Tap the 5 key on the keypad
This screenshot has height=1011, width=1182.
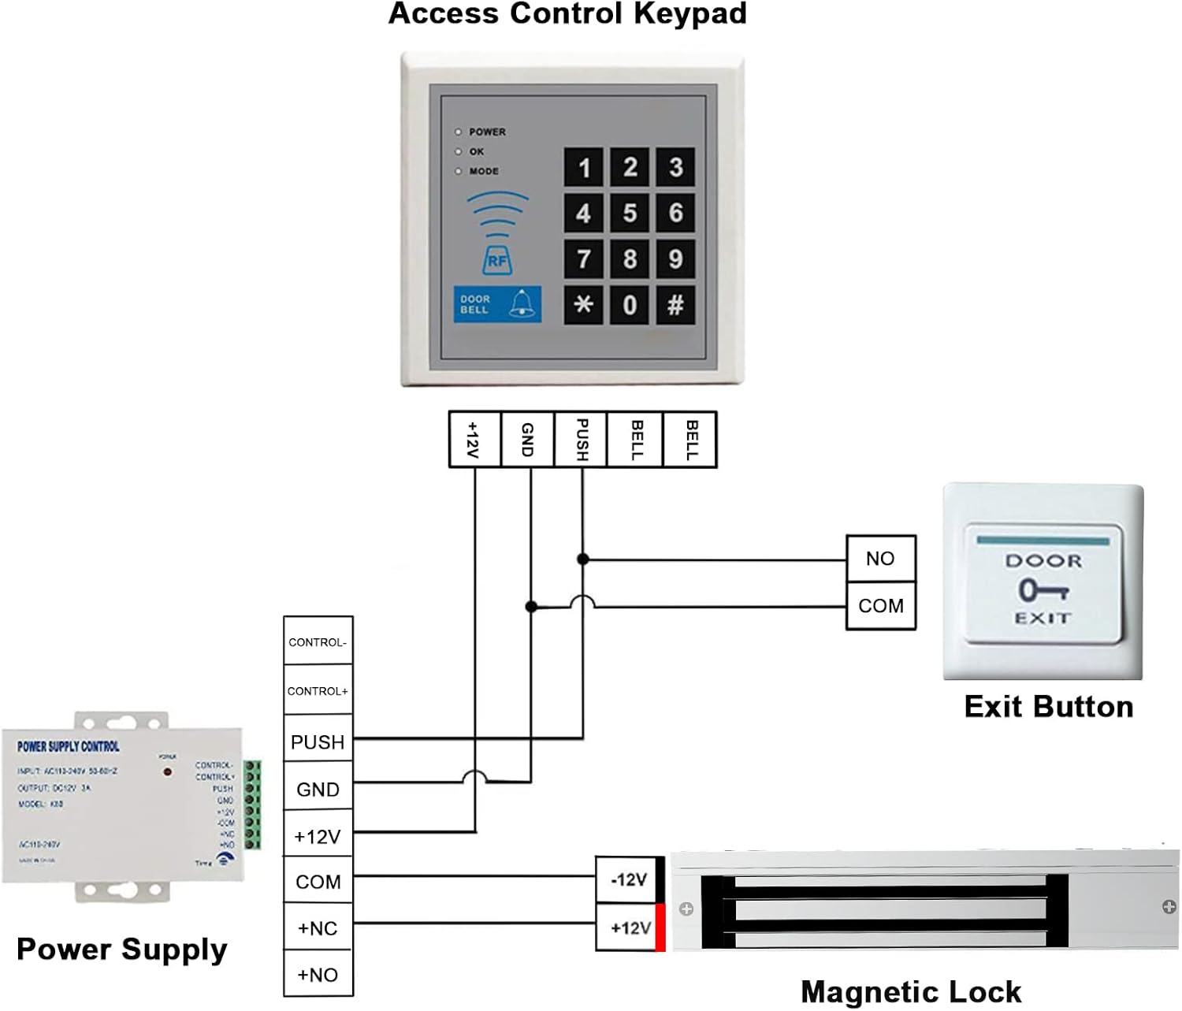coord(630,213)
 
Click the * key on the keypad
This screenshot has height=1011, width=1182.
coord(583,304)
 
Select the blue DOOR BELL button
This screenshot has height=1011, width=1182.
coord(497,304)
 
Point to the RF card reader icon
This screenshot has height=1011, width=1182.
coord(497,261)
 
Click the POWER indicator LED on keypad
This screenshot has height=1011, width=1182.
coord(459,132)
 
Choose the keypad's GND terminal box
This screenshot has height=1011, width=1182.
coord(528,440)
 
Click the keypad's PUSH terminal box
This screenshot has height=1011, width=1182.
coord(582,440)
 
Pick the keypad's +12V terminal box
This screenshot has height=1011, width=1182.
coord(474,440)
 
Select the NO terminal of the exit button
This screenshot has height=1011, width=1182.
coord(880,559)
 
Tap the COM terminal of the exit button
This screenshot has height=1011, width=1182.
coord(880,606)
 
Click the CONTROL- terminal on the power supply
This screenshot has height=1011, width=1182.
coord(318,642)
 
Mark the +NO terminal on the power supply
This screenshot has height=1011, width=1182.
coord(318,975)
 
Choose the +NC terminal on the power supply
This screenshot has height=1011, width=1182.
coord(318,928)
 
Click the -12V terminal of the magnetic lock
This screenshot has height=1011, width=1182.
coord(628,879)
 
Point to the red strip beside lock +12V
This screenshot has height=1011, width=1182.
coord(660,927)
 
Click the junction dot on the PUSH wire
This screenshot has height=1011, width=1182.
coord(583,559)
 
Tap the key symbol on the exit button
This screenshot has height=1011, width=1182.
coord(1043,589)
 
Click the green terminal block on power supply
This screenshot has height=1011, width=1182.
coord(253,805)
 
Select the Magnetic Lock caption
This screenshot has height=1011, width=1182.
coord(910,991)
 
